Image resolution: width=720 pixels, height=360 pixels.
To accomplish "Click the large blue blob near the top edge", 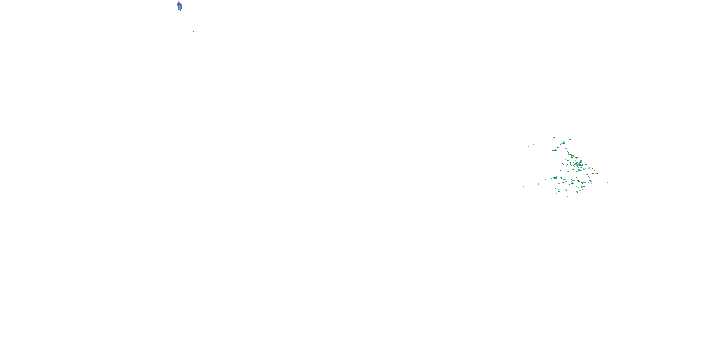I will [x=180, y=6].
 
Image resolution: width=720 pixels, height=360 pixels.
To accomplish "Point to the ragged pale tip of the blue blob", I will [x=178, y=2].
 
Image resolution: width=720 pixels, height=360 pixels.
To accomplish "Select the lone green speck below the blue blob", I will [x=193, y=31].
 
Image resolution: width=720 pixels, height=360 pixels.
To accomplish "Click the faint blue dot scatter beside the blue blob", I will [x=207, y=12].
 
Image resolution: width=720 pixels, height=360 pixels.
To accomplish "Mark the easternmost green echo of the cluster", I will [x=607, y=182].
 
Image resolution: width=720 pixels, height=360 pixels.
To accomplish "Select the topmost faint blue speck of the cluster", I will [x=554, y=138].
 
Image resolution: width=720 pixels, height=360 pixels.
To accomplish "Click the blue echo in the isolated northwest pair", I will [x=533, y=144].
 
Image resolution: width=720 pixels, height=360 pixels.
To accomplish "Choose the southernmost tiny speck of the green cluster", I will [x=567, y=197].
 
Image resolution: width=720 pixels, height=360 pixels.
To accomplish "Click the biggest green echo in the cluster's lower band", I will [x=555, y=178].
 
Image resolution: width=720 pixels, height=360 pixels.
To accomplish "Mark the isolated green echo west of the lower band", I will [x=538, y=184].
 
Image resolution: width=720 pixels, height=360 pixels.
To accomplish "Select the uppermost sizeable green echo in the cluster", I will [x=563, y=143].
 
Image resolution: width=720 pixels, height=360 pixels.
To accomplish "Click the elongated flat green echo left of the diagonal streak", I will [x=555, y=151].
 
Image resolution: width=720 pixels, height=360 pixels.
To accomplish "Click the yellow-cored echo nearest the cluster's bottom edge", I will [x=577, y=192].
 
